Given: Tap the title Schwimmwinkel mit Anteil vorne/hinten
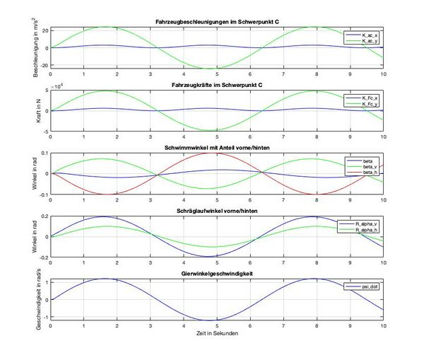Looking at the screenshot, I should tap(216, 148).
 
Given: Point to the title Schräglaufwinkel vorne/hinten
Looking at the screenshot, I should tap(216, 211).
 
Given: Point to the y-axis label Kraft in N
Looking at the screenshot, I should tap(28, 110).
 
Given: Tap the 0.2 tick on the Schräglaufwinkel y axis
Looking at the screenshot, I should tap(42, 216).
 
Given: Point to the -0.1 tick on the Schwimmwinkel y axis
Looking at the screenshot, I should tap(41, 194).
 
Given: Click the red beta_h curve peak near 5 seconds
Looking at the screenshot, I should tap(216, 153).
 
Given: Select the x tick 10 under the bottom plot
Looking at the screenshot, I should tap(383, 327).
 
